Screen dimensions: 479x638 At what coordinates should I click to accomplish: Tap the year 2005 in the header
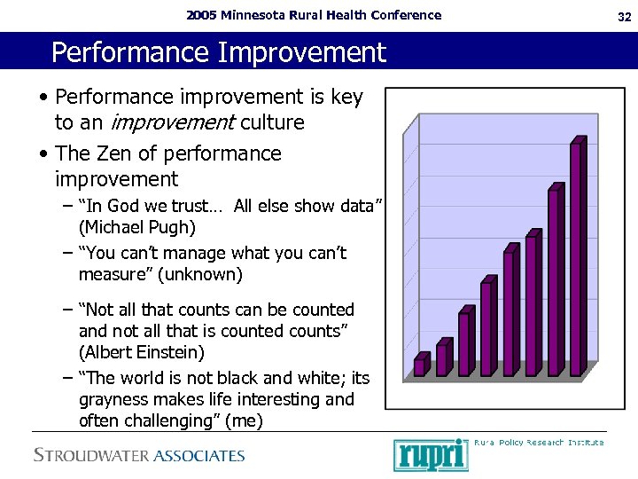point(200,14)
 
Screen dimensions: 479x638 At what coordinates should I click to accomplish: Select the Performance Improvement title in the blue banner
point(219,52)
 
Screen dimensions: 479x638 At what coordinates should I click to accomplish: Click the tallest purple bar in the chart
point(576,257)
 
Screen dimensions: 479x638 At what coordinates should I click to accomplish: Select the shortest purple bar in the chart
point(420,365)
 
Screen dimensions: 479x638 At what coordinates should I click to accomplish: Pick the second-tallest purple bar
point(554,281)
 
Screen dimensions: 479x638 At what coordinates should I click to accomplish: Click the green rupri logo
point(431,454)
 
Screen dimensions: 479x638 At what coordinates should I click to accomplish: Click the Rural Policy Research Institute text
point(539,442)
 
